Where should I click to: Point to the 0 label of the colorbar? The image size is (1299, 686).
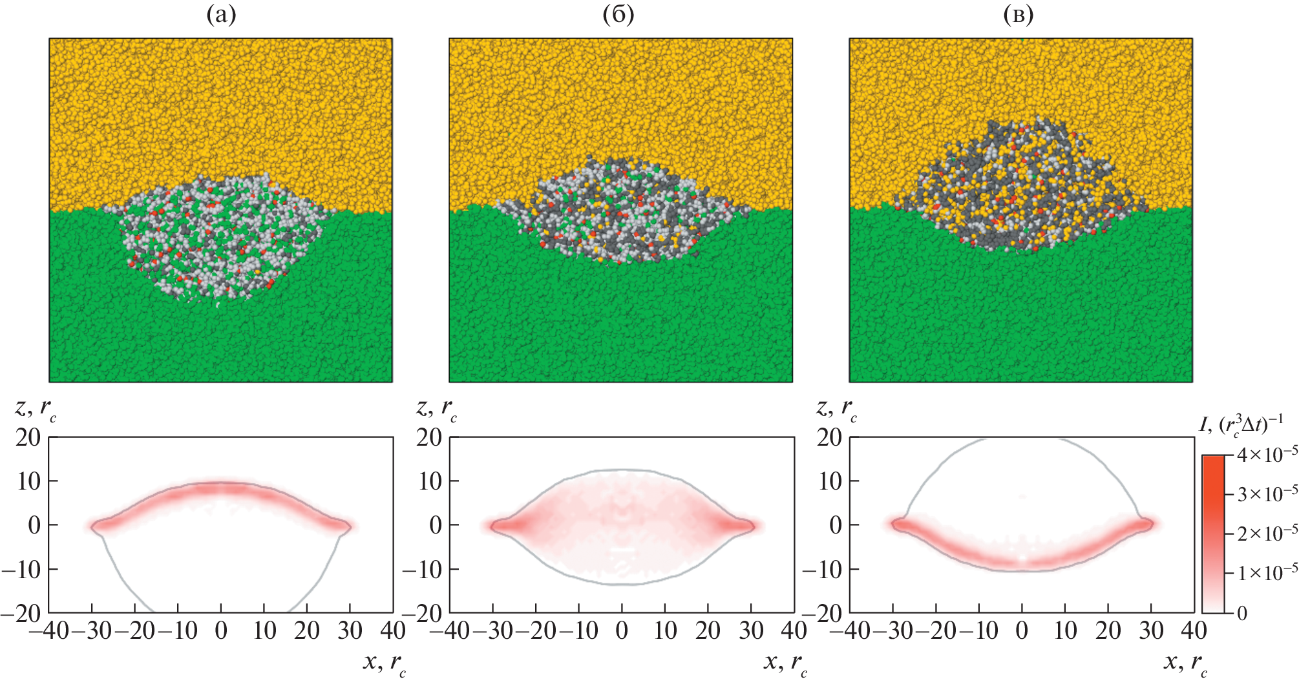pyautogui.click(x=1242, y=613)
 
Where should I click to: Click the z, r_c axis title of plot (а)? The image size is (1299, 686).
pyautogui.click(x=36, y=408)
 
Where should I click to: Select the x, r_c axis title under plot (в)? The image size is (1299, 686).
pyautogui.click(x=1185, y=663)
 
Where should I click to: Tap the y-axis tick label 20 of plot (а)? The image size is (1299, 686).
pyautogui.click(x=28, y=438)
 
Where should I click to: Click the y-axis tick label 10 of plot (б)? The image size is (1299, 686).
pyautogui.click(x=429, y=481)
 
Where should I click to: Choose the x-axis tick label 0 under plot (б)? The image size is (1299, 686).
pyautogui.click(x=622, y=630)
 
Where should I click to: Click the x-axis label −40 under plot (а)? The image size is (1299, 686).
pyautogui.click(x=49, y=630)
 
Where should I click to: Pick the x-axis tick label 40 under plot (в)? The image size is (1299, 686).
pyautogui.click(x=1193, y=630)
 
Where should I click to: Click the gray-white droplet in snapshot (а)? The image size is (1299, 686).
pyautogui.click(x=220, y=239)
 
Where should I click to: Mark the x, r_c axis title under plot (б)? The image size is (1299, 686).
pyautogui.click(x=785, y=663)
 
